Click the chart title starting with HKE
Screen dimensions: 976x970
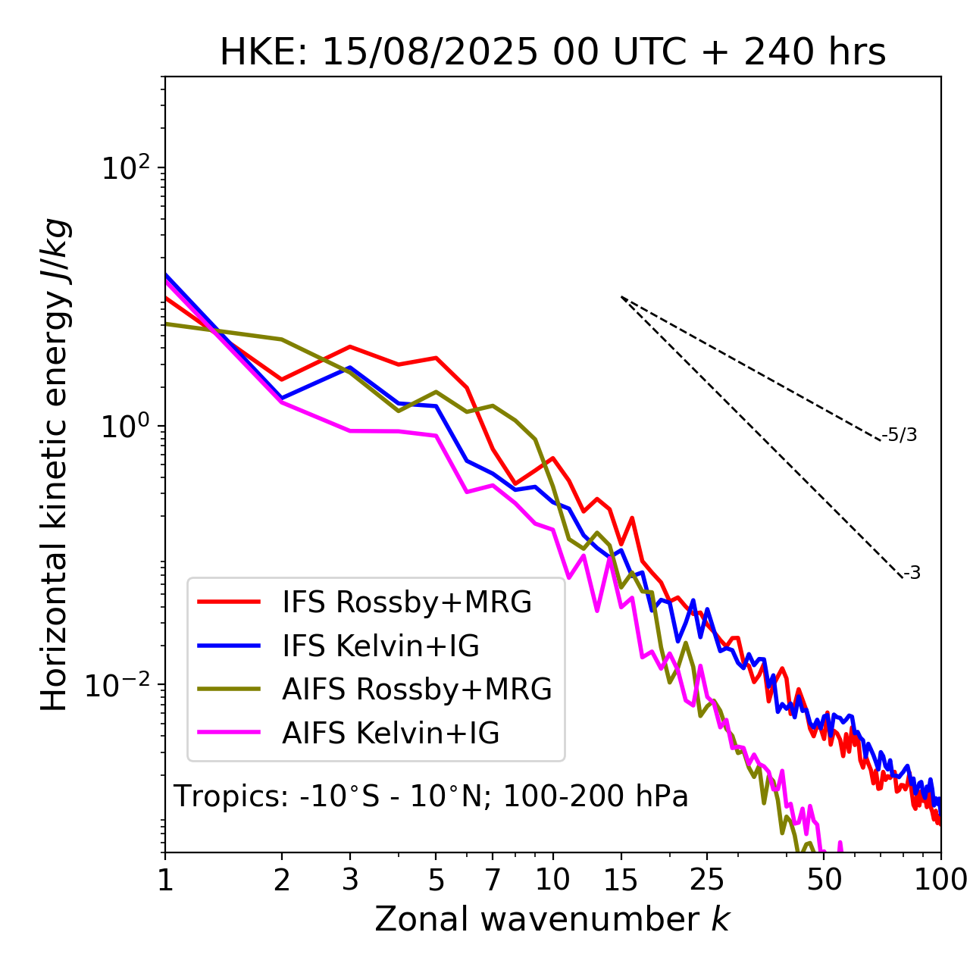pyautogui.click(x=552, y=53)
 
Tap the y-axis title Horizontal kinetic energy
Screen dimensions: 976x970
pyautogui.click(x=55, y=465)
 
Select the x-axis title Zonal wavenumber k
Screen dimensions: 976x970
pyautogui.click(x=552, y=919)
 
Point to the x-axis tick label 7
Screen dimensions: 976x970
pyautogui.click(x=493, y=880)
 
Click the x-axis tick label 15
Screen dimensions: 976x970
pyautogui.click(x=621, y=880)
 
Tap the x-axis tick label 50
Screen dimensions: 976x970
pyautogui.click(x=824, y=880)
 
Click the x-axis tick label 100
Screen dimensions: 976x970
pyautogui.click(x=940, y=880)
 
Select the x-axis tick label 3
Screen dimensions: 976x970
pyautogui.click(x=350, y=880)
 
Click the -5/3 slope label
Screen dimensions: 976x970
pyautogui.click(x=900, y=435)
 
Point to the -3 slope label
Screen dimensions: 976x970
pyautogui.click(x=912, y=574)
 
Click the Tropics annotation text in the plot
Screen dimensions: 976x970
pyautogui.click(x=430, y=796)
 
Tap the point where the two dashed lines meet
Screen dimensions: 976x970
pyautogui.click(x=621, y=297)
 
